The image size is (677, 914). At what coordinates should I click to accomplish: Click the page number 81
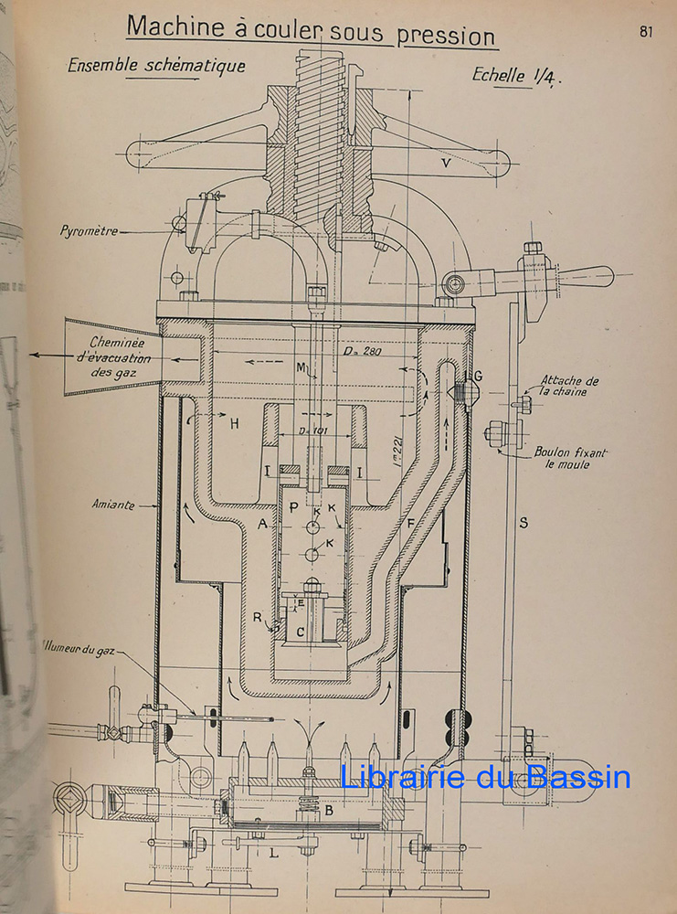pos(646,31)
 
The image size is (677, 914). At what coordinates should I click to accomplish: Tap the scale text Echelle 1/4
pos(517,75)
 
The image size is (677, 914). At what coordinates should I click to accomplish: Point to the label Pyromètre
pos(89,231)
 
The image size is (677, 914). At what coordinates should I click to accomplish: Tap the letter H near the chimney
pos(234,424)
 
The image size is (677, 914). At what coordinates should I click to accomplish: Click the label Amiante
pos(111,504)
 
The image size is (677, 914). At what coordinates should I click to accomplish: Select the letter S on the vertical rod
pos(523,522)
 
